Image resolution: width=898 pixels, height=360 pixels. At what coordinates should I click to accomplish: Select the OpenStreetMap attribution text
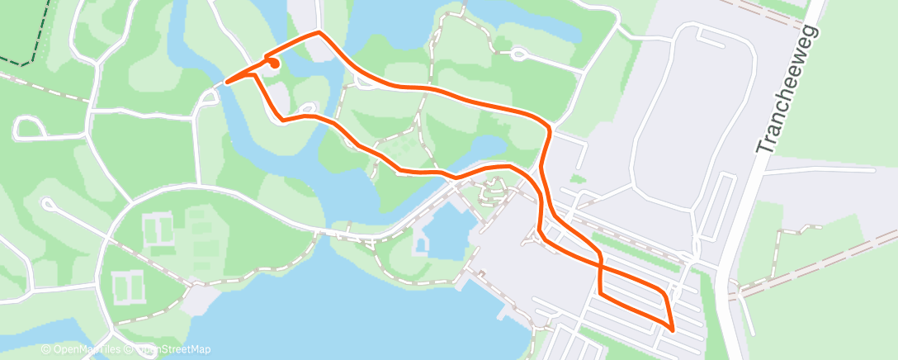[173, 349]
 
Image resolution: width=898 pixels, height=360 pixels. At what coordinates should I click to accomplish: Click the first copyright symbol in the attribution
[45, 349]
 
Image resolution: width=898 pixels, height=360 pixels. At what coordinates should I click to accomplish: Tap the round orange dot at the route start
[273, 63]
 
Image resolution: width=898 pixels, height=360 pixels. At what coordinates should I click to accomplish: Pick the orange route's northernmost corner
[319, 32]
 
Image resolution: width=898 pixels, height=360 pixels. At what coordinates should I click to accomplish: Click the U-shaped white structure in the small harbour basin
[423, 244]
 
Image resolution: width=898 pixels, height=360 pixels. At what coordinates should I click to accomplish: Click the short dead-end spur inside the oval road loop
[710, 35]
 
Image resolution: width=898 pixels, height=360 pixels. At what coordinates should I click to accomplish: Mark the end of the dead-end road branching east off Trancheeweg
[873, 170]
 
